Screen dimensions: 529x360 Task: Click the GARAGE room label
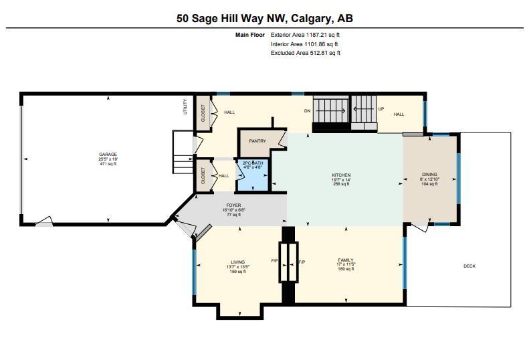[x=108, y=155]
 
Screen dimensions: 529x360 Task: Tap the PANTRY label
[x=257, y=141]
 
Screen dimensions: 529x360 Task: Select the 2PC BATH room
[x=253, y=175]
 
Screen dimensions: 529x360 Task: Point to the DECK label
[x=469, y=266]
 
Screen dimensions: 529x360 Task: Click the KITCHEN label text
[x=341, y=175]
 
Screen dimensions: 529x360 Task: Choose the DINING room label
[x=429, y=175]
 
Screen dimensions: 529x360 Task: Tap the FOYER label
[x=233, y=205]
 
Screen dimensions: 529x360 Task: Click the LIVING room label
[x=238, y=262]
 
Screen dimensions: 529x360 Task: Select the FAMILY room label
[x=346, y=260]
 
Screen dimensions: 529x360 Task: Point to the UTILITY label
[x=185, y=106]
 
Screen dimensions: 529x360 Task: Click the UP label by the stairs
[x=381, y=109]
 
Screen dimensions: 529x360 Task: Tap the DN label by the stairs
[x=307, y=111]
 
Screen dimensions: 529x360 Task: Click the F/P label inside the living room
[x=274, y=261]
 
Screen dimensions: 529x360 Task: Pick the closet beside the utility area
[x=203, y=113]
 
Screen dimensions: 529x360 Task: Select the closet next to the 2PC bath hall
[x=203, y=176]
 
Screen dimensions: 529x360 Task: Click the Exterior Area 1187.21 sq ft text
[x=305, y=35]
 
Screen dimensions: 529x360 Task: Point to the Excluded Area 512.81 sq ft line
[x=306, y=53]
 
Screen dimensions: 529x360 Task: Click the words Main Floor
[x=250, y=35]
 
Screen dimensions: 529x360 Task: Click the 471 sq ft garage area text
[x=108, y=164]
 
